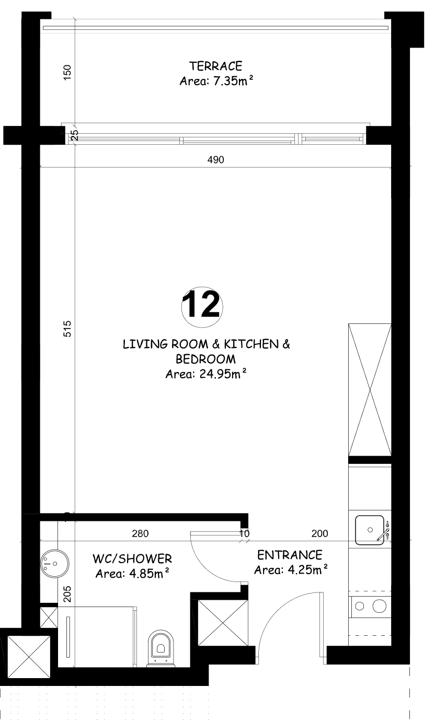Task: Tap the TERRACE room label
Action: tap(216, 66)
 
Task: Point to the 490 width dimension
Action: tap(216, 159)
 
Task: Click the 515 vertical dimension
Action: tap(67, 329)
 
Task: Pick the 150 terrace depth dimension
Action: tap(67, 73)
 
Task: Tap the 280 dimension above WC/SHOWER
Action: tap(140, 533)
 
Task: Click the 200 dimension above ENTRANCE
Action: tap(319, 533)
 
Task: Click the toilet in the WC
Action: tap(161, 648)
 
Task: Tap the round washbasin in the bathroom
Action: tap(54, 563)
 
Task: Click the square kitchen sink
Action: tap(370, 530)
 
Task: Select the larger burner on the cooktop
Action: tap(379, 606)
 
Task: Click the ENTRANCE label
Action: tap(290, 555)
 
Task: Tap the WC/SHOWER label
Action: tap(132, 558)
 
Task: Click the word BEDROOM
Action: tap(205, 359)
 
